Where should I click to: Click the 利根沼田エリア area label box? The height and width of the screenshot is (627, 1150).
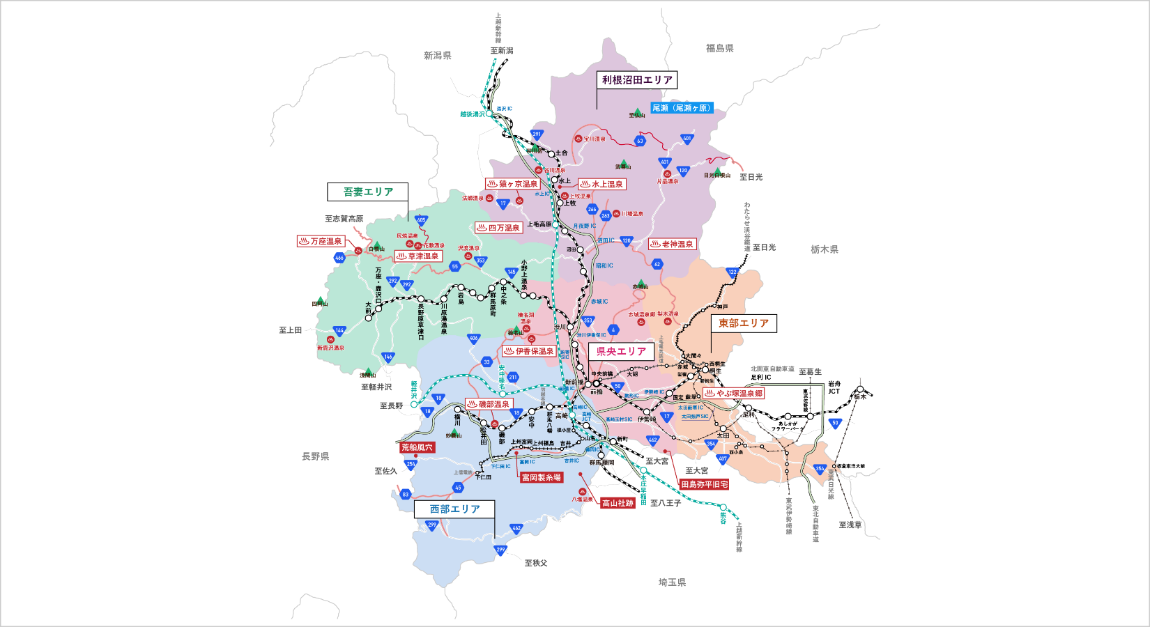637,80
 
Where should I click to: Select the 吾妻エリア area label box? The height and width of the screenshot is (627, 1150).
368,192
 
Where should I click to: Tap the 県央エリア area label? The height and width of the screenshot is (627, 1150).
621,352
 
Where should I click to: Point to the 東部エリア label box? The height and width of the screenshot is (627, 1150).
743,323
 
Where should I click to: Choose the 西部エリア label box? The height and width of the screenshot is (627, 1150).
454,509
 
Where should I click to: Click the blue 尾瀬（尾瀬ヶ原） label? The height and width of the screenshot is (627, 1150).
682,108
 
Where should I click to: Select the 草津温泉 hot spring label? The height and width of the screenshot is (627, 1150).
418,256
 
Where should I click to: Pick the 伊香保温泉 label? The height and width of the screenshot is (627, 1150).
529,351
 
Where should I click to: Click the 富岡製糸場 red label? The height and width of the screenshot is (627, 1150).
542,477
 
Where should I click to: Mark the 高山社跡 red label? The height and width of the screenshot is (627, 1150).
618,503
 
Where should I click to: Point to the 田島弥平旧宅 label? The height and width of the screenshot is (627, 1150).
705,484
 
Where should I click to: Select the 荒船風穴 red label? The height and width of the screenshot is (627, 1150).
417,447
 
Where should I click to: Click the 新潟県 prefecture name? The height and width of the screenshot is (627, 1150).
438,56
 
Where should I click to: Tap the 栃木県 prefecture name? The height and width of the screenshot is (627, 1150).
825,249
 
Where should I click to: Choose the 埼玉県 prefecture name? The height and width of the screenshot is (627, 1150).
673,582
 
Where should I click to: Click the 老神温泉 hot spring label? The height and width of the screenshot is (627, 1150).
673,244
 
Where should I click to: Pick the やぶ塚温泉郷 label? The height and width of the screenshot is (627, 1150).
734,393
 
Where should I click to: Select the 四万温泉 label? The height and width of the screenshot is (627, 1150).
499,228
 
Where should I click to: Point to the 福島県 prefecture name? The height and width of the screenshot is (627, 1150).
720,48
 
